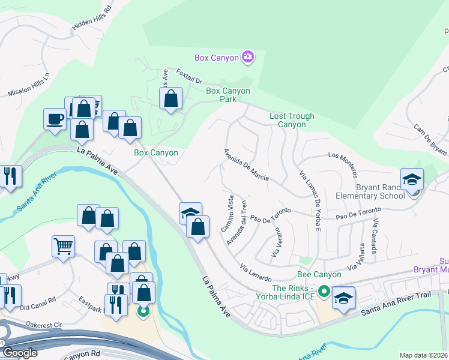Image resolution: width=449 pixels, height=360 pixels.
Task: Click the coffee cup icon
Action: point(55,119)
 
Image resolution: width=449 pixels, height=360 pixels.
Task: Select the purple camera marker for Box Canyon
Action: point(247,58)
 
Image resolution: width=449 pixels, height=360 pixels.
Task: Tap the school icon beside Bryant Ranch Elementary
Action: point(412,179)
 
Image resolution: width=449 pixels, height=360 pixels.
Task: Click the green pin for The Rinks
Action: point(324,292)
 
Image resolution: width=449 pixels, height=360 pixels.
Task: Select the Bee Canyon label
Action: point(319,274)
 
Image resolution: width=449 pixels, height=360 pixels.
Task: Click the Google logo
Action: point(20,353)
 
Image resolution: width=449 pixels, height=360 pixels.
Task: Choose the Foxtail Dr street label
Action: point(190,76)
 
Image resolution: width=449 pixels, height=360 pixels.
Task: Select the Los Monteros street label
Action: point(343,164)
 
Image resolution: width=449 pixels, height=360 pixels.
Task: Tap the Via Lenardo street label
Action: point(256,272)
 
